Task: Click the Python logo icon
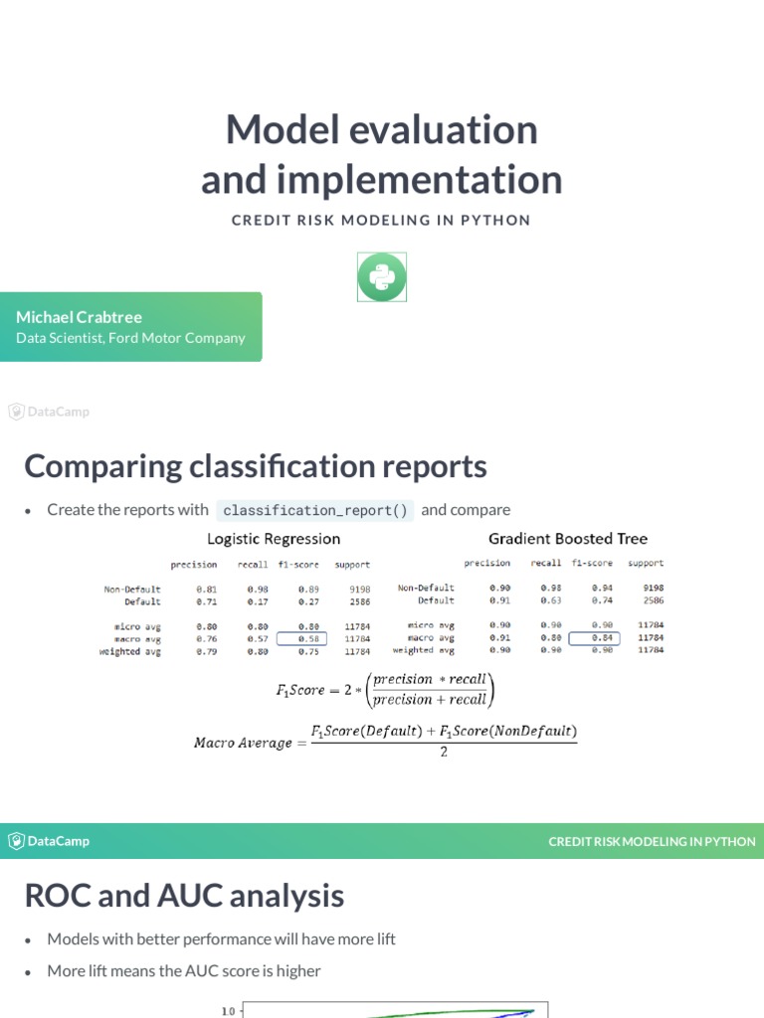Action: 382,276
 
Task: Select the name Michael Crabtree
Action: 79,317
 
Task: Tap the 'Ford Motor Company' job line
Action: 130,338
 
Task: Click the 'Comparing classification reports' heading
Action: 256,466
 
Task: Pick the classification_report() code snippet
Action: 314,510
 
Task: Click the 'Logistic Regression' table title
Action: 274,539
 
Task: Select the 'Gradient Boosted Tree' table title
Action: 567,539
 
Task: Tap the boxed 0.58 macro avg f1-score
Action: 308,639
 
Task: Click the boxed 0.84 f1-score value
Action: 594,638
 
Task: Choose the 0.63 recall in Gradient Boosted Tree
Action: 550,600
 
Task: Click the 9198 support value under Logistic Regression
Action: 359,589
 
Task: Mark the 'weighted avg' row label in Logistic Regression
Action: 129,652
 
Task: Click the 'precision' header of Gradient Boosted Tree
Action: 487,563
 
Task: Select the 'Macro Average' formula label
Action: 243,743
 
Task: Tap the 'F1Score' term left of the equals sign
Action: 300,690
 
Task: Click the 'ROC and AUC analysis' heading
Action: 184,896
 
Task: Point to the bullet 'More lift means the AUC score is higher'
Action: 184,970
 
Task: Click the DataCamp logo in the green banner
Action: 50,841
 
